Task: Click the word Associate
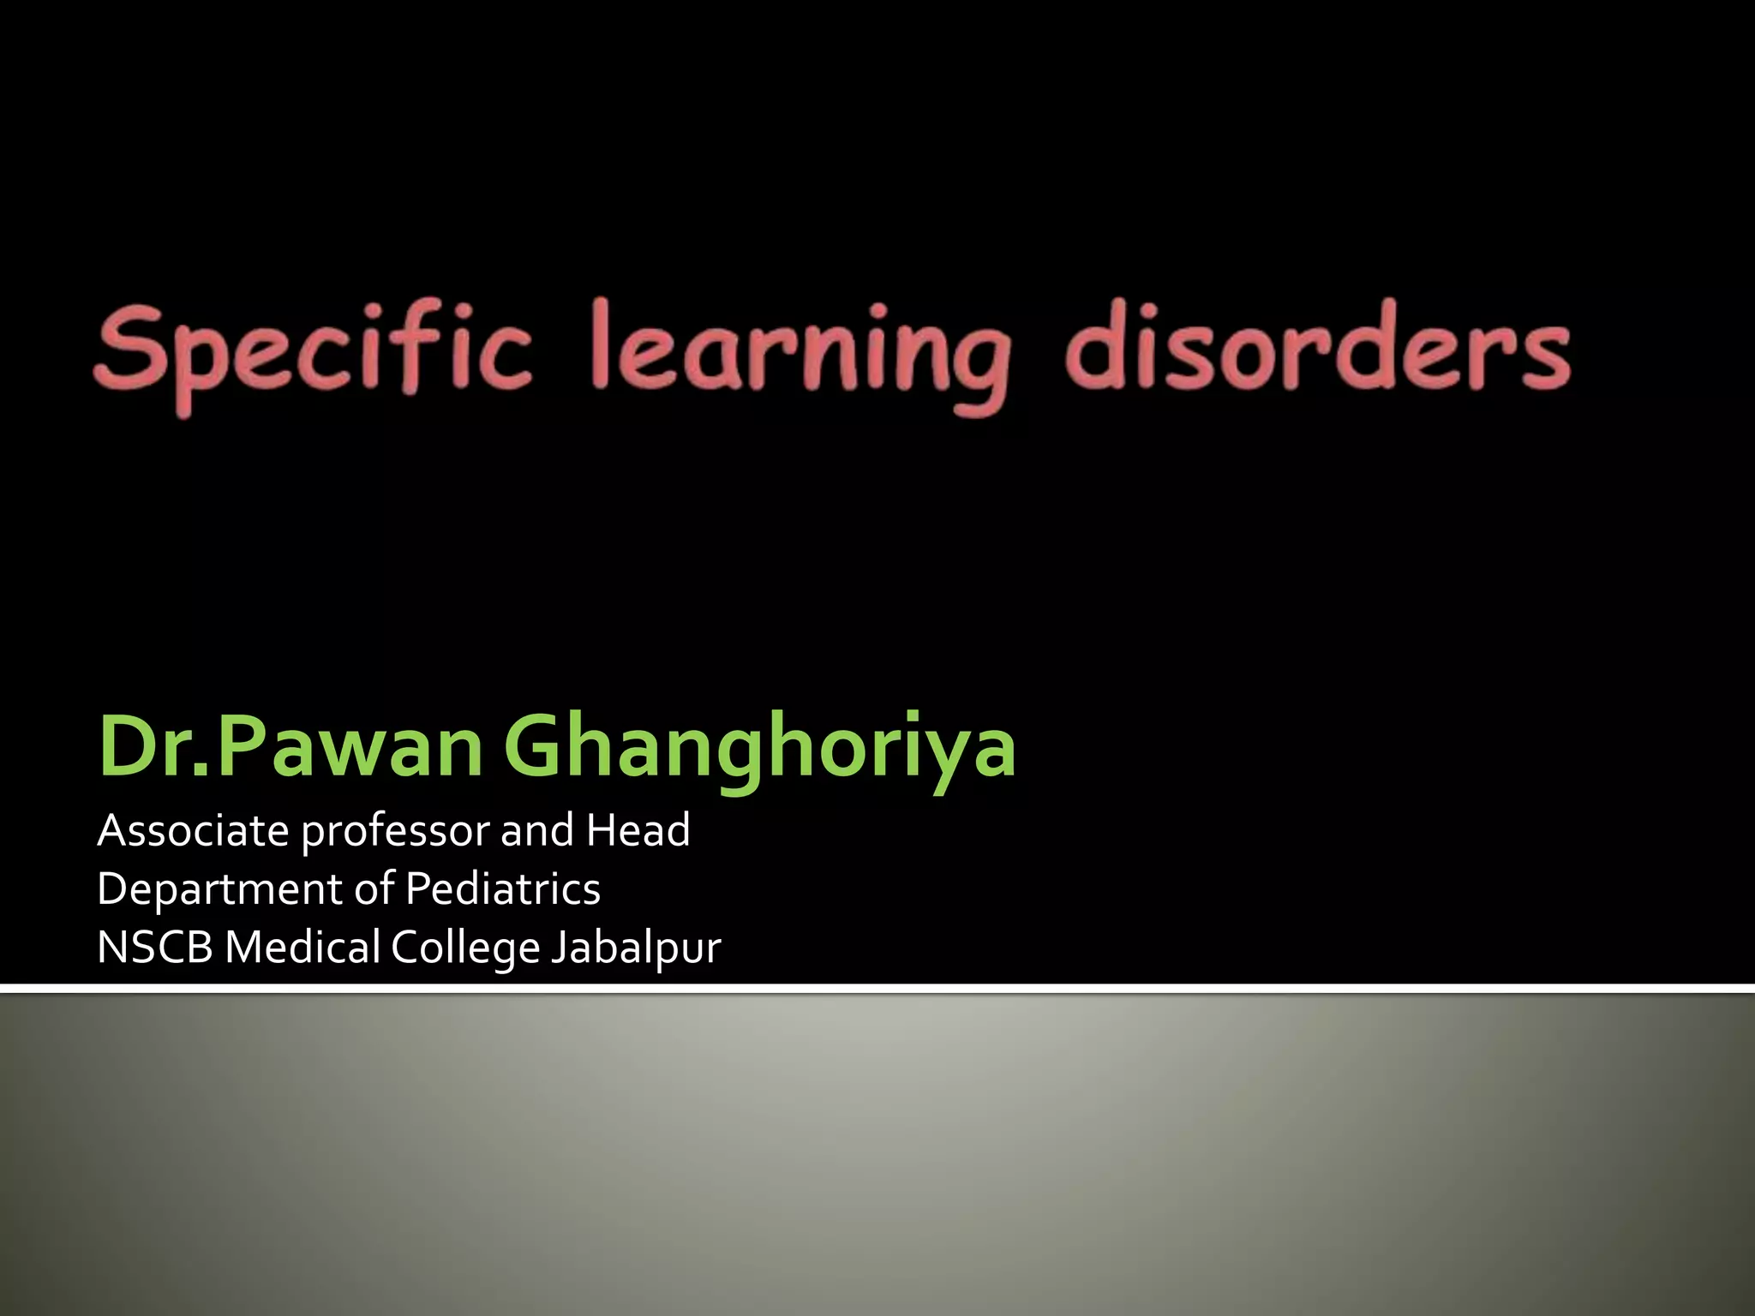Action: pos(193,830)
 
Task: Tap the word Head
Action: pos(638,830)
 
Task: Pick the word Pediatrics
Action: pos(503,888)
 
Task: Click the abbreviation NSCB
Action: pos(154,948)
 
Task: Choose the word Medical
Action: pos(302,948)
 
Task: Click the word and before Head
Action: pos(537,830)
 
